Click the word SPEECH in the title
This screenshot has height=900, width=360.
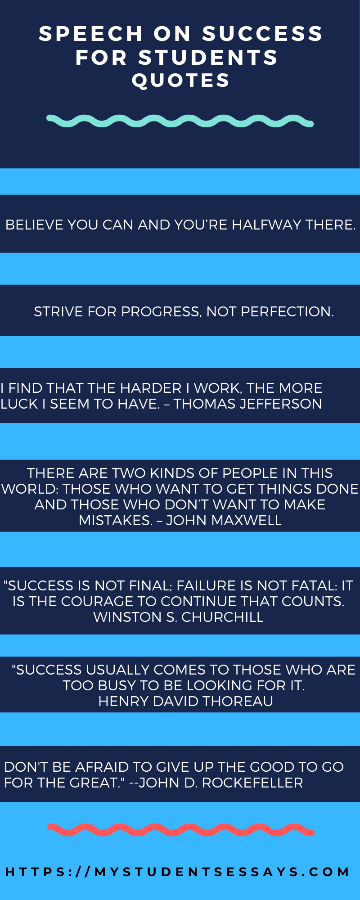pos(91,34)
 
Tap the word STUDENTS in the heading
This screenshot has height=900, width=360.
pos(208,57)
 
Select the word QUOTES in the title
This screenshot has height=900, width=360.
pos(181,81)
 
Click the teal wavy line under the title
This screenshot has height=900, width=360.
pos(180,121)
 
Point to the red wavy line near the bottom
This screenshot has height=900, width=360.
pos(181,830)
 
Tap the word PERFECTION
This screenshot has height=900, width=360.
pos(287,311)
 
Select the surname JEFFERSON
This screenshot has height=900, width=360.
pos(280,404)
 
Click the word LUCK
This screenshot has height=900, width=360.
pos(19,404)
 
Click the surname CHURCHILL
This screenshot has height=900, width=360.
pos(222,617)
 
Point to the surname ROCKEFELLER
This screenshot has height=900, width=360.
pos(252,783)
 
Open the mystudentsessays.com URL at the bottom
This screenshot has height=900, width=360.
pos(178,872)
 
